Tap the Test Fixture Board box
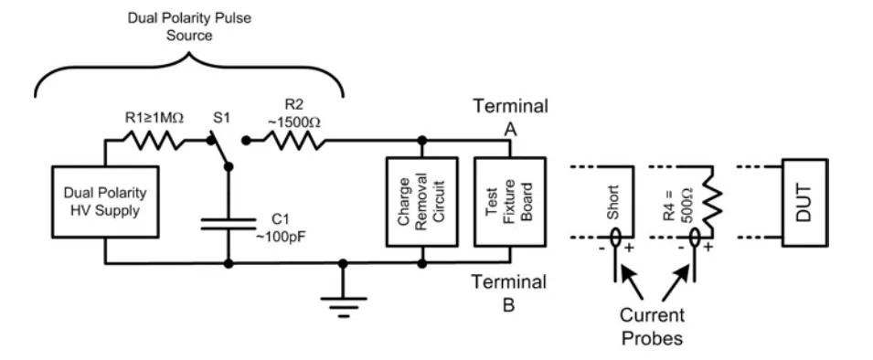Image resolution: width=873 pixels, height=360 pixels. point(509,202)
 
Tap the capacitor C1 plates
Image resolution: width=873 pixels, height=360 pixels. point(228,223)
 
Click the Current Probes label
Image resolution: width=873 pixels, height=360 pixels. point(653,326)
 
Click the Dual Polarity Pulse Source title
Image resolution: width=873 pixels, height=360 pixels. point(189,26)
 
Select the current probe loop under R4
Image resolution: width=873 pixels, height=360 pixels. point(696,240)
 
